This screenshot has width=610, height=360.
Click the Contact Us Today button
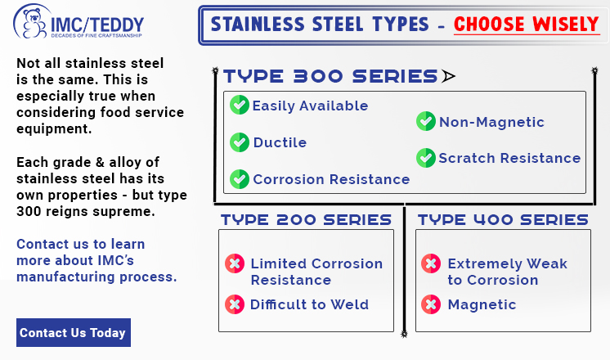pos(74,332)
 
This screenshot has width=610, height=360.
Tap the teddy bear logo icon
pos(33,23)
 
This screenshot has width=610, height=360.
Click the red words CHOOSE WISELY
pos(527,25)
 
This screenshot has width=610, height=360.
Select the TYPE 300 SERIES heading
pos(330,76)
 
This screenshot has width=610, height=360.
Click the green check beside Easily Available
pos(240,105)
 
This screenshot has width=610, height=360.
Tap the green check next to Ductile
pos(240,142)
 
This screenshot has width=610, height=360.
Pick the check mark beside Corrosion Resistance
pos(240,179)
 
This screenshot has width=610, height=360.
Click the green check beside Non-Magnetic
pos(425,121)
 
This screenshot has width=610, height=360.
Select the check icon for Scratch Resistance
pos(425,158)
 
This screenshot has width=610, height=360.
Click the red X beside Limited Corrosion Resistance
pos(235,263)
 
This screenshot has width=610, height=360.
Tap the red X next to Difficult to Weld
pos(235,304)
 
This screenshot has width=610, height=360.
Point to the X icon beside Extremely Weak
pos(431,263)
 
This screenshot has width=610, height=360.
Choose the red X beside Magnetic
pos(431,304)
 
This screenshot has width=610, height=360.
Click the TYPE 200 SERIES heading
pos(306,220)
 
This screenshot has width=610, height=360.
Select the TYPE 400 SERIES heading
pos(503,220)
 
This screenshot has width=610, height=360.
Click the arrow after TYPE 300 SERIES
pos(448,76)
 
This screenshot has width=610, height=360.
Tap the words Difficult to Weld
pos(309,304)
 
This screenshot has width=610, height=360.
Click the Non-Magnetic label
pos(491,122)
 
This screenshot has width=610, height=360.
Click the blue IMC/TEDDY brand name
pos(97,25)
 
